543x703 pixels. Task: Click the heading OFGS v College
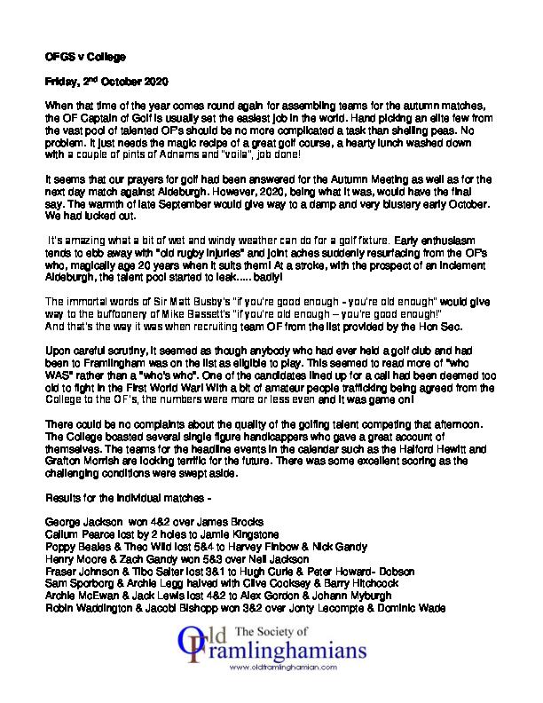coord(79,54)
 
